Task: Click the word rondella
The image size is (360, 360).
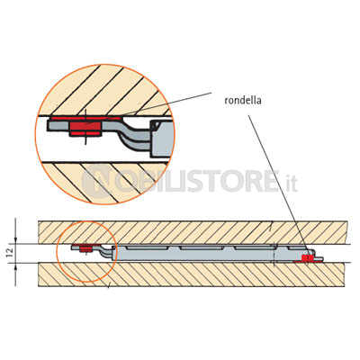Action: (x=243, y=100)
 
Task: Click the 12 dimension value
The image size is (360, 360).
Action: (x=10, y=253)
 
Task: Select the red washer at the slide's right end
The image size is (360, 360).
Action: (x=308, y=259)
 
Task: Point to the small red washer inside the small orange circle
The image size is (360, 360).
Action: (x=85, y=248)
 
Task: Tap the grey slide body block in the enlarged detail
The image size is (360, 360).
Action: (x=162, y=139)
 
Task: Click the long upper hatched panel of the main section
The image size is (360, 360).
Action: (x=193, y=232)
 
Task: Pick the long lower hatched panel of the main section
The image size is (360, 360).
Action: (x=193, y=274)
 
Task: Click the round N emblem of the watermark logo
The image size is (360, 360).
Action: (x=97, y=181)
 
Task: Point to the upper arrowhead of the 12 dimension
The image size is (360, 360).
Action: (x=16, y=240)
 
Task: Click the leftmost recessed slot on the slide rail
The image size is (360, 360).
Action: (x=147, y=247)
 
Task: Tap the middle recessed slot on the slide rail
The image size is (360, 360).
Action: (x=202, y=247)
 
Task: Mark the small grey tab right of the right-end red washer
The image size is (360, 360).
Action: (x=318, y=258)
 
